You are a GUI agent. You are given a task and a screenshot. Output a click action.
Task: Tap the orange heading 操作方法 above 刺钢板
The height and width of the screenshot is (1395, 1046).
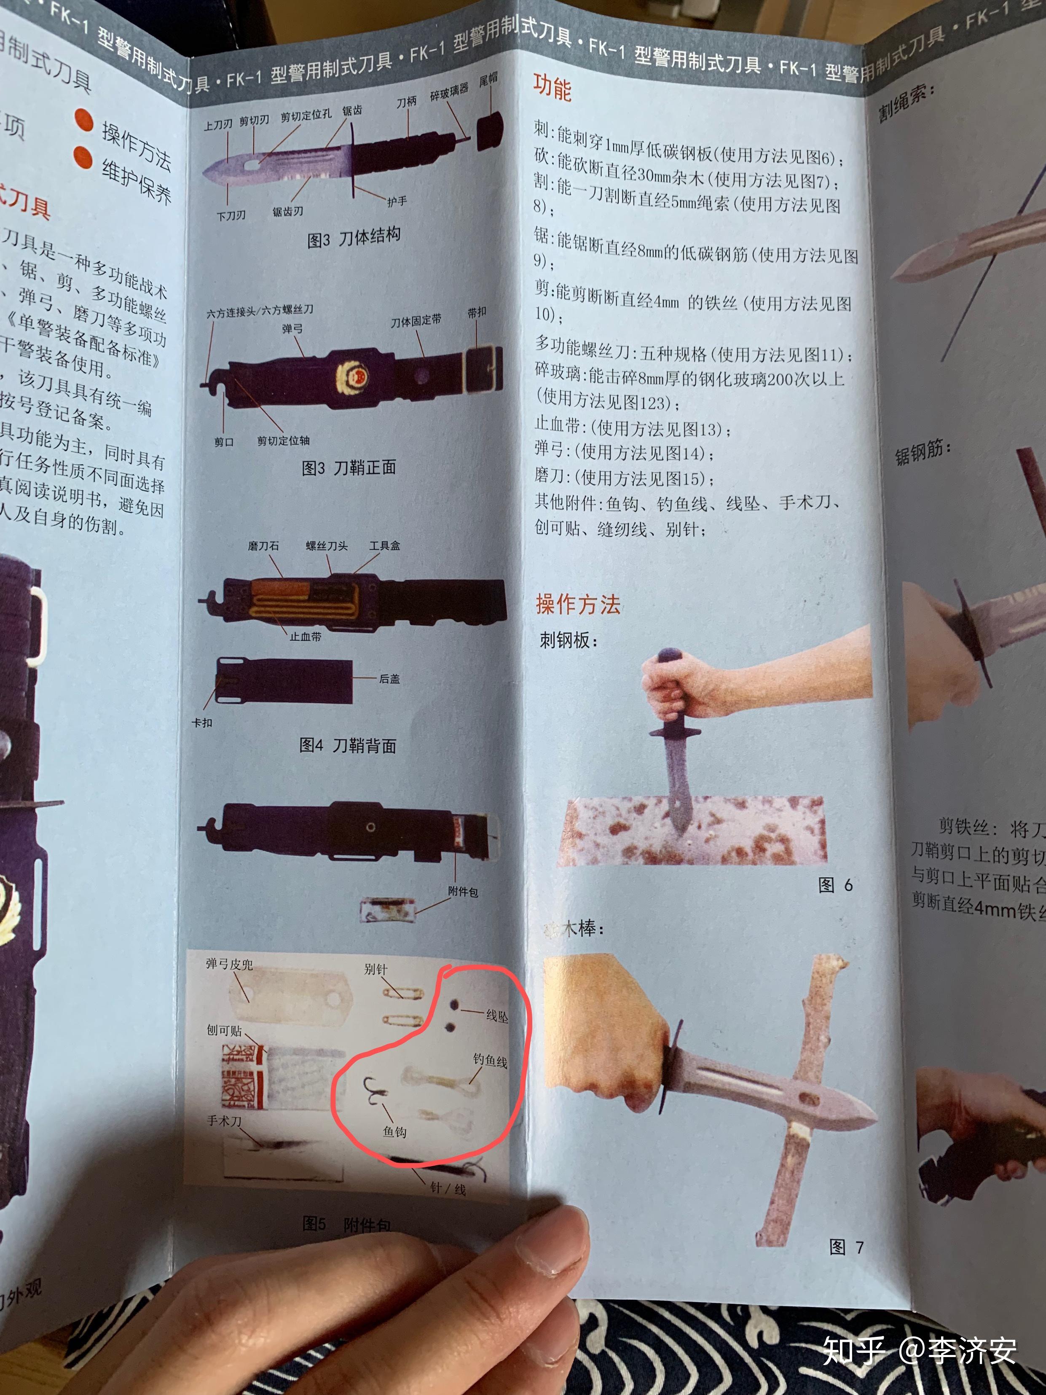coord(577,604)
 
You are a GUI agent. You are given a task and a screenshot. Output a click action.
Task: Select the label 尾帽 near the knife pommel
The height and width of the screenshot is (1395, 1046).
coord(488,79)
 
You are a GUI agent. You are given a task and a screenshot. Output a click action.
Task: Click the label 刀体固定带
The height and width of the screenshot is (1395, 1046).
coord(416,321)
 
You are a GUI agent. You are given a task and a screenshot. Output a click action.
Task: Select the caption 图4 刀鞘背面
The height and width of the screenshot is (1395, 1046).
coord(347,745)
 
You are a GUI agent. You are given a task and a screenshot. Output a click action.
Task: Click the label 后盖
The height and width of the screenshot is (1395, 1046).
coord(389,679)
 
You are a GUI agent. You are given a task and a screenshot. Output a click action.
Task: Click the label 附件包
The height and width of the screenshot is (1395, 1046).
coord(463,892)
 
